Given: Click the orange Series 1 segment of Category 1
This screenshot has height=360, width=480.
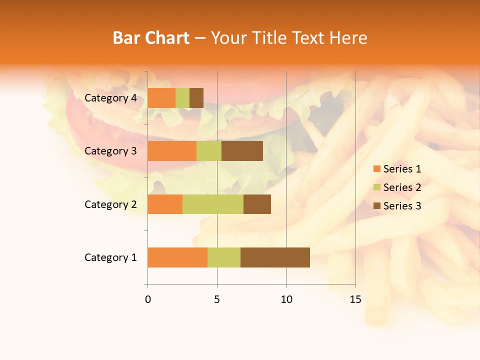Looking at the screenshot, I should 177,257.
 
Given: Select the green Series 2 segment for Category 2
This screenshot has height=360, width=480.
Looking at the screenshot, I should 213,204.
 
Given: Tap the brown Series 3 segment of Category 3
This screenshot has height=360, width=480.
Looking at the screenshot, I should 242,151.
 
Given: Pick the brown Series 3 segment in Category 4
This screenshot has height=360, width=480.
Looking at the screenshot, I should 196,98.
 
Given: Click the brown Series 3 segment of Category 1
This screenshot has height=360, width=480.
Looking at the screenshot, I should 275,257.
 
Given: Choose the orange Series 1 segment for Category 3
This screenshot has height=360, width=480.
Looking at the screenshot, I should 172,151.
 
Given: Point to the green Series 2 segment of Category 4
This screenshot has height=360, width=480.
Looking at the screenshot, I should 182,98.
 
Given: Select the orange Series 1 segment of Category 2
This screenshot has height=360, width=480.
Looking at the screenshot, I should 165,204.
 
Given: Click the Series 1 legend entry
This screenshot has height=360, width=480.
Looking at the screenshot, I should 397,169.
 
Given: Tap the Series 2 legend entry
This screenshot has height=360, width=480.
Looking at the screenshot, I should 397,187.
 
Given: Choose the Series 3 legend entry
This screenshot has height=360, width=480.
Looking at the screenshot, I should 397,206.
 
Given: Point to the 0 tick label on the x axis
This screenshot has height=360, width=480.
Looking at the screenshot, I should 147,299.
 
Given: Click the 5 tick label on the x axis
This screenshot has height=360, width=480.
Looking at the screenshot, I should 217,299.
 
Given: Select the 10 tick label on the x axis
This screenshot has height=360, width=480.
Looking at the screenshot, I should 286,299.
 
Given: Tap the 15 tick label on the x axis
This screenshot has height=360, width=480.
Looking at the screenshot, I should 355,299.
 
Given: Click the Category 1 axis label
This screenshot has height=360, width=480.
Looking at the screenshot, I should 110,257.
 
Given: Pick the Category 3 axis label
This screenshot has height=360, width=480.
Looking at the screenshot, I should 110,151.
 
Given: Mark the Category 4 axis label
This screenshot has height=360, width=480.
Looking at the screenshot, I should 110,98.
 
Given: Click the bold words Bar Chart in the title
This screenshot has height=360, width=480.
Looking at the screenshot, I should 151,38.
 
